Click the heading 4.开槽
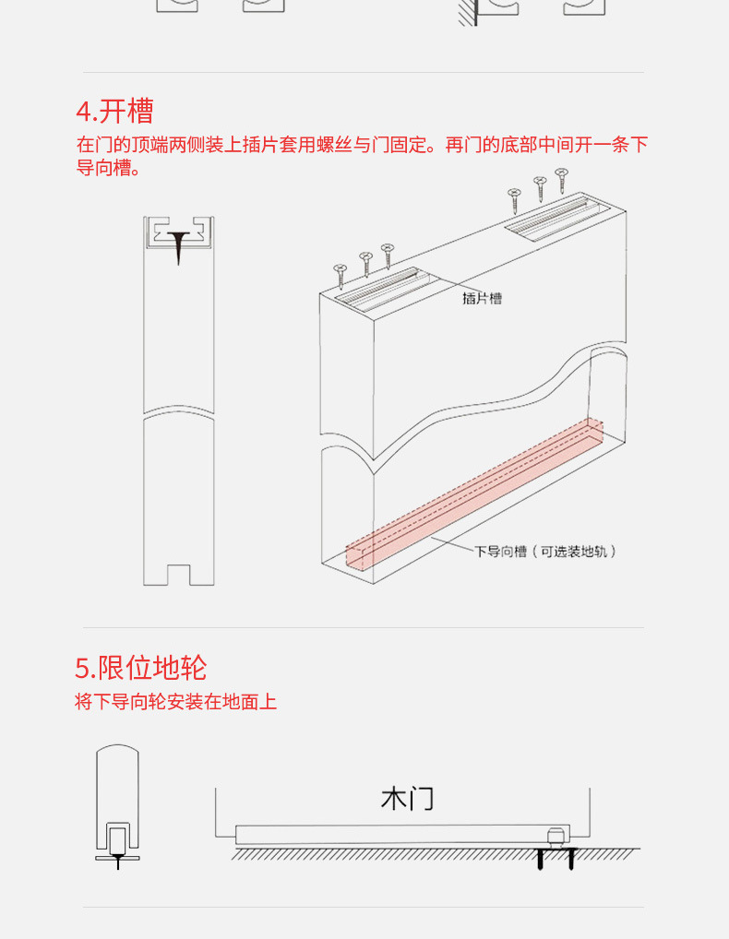click(x=114, y=112)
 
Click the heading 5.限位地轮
click(x=140, y=667)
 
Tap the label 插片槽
click(x=483, y=299)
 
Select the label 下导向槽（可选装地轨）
click(x=545, y=552)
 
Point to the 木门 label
click(x=407, y=798)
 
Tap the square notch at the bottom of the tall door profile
click(x=178, y=575)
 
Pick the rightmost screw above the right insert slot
click(x=561, y=180)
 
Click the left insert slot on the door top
click(x=387, y=288)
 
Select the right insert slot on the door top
click(x=558, y=215)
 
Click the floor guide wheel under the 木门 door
click(x=556, y=838)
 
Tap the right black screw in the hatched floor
click(x=571, y=860)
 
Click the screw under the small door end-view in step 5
click(x=117, y=862)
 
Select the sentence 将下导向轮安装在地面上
click(x=175, y=702)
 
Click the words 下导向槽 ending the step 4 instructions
click(x=106, y=168)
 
